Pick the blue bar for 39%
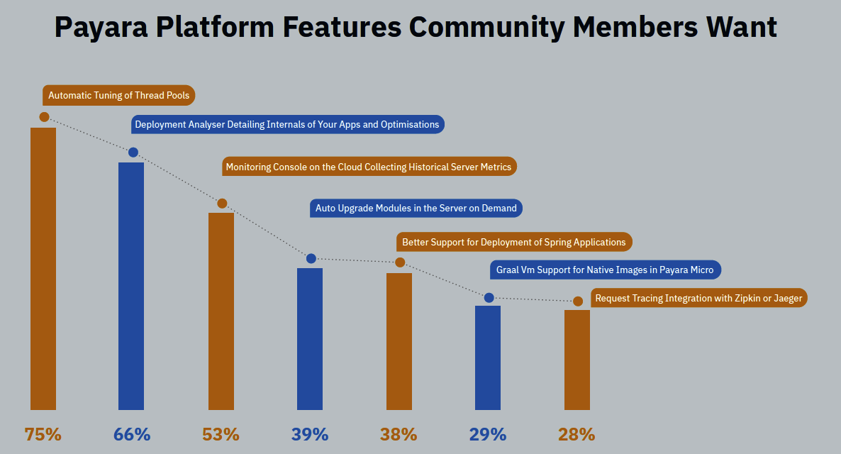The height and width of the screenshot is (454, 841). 310,338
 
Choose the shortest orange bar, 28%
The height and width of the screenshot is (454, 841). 577,360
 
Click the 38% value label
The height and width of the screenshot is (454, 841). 399,434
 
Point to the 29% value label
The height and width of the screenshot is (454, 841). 488,434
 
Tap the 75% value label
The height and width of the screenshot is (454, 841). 43,434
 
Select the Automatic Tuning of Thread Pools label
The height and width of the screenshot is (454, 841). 119,95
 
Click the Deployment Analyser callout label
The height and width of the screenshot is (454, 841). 287,124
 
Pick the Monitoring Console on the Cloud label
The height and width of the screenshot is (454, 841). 368,167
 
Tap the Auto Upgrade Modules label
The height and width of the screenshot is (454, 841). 416,209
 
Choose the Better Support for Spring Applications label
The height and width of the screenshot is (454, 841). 513,242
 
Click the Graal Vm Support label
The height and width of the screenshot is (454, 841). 605,270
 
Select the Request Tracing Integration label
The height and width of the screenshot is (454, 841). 698,299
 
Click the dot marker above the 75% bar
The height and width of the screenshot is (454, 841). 44,116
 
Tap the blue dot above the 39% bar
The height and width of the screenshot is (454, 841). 311,258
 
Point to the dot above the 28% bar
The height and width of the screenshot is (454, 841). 578,301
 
